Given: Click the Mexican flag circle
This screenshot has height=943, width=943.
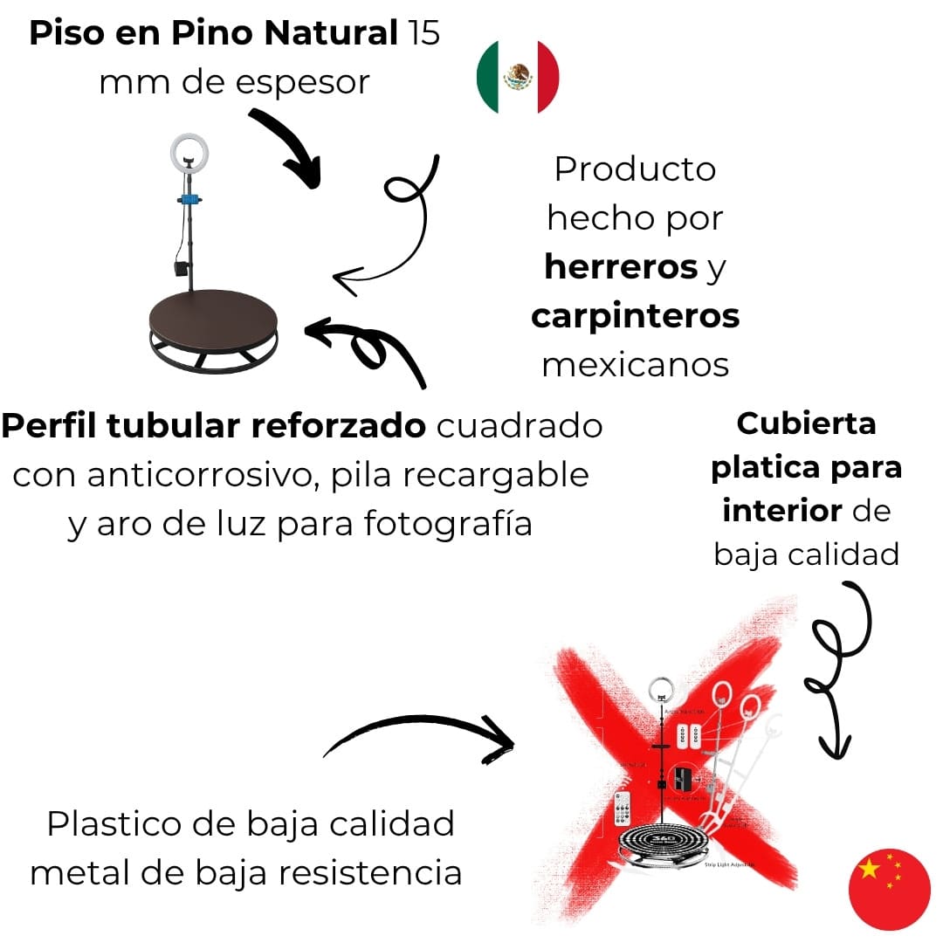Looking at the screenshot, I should pyautogui.click(x=518, y=76).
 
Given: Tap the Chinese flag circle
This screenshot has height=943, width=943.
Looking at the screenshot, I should pyautogui.click(x=889, y=889).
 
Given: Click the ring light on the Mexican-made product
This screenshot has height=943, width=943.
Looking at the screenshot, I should pyautogui.click(x=189, y=154).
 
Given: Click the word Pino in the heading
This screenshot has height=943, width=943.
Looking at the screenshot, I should pyautogui.click(x=215, y=33).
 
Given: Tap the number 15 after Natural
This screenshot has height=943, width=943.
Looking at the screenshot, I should pyautogui.click(x=423, y=33).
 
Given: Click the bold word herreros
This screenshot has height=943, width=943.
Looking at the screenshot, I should pyautogui.click(x=621, y=267).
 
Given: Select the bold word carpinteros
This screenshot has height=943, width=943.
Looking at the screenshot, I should pyautogui.click(x=635, y=316).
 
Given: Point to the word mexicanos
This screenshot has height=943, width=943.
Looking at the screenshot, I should pyautogui.click(x=635, y=364).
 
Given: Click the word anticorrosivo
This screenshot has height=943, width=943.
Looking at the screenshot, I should pyautogui.click(x=210, y=475).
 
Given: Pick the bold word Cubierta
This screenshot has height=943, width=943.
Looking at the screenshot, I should pyautogui.click(x=806, y=423).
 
